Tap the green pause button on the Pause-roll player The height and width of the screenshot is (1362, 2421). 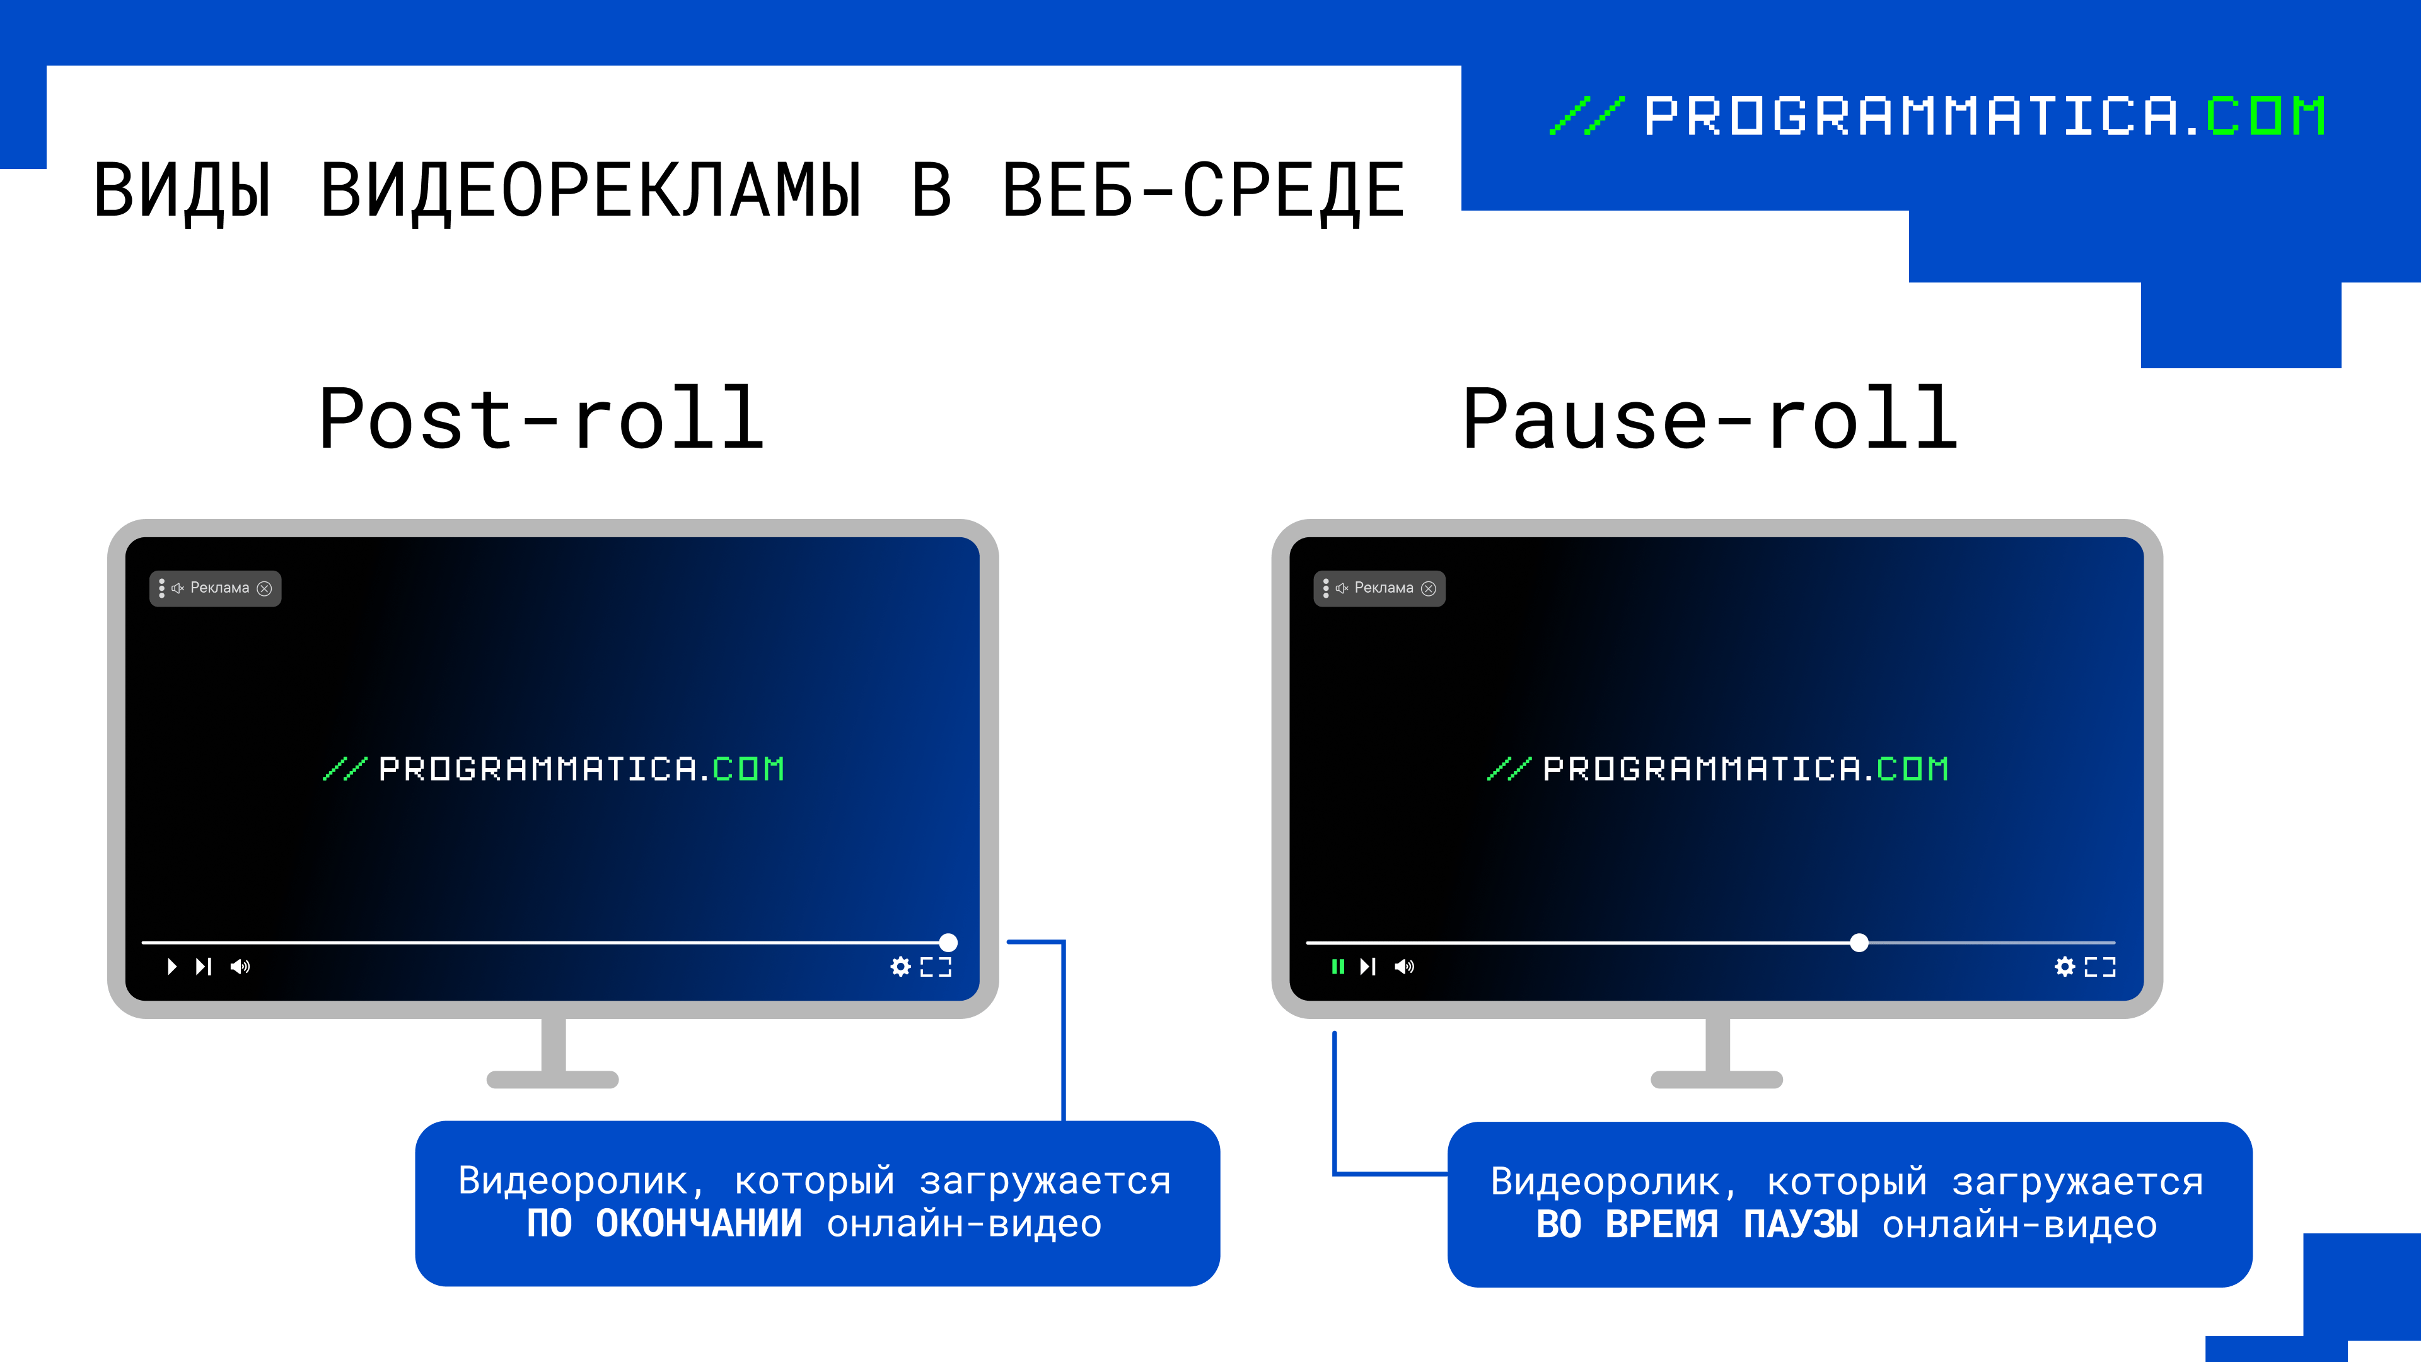coord(1337,966)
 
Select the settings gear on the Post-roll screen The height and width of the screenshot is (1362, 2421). coord(900,966)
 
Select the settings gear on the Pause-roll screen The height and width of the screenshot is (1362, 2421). coord(2065,966)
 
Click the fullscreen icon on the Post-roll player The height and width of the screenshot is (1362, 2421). coord(936,966)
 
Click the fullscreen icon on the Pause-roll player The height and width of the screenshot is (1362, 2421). coord(2101,966)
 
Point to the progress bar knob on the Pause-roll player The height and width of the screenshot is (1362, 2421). coord(1859,943)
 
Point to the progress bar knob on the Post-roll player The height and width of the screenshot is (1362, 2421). coord(948,943)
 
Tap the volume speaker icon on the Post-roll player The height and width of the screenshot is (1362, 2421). coord(241,966)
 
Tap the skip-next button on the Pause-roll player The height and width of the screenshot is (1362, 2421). coord(1367,966)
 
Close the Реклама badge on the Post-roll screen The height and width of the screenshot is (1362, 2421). coord(265,588)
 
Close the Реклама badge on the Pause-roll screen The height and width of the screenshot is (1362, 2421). coord(1429,588)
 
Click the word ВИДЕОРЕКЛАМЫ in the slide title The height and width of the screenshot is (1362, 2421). coord(591,192)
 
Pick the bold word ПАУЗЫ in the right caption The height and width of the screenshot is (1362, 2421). coord(1801,1225)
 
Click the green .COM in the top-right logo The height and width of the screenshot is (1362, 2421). coord(2266,117)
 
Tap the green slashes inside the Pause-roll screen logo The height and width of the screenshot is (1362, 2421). coord(1509,769)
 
